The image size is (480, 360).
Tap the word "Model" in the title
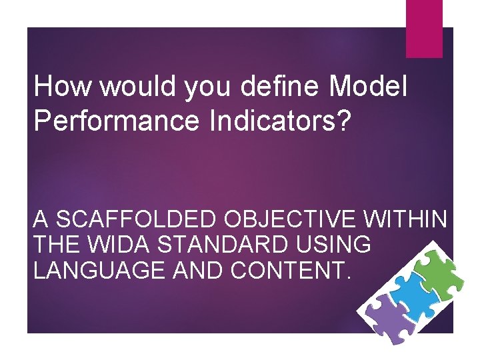click(x=367, y=87)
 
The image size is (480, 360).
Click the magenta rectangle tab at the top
click(x=424, y=28)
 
